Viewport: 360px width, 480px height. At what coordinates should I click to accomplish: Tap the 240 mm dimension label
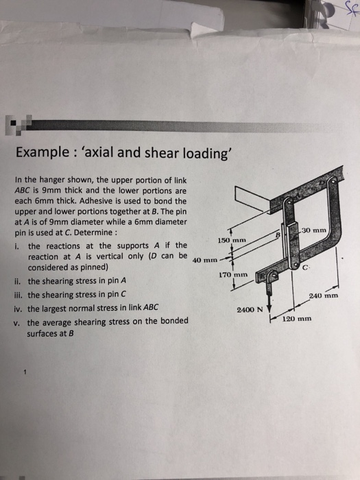tap(324, 296)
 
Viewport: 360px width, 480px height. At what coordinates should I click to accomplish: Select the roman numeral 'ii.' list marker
tap(19, 280)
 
